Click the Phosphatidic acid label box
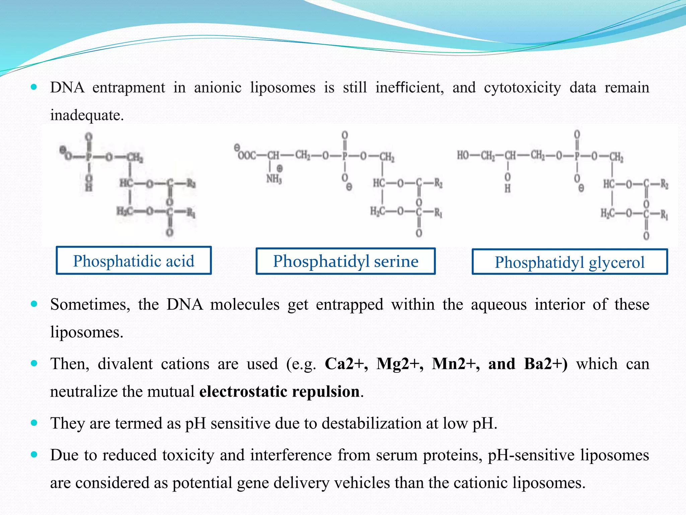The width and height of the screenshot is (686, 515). (133, 261)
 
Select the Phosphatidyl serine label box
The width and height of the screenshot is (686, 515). (345, 261)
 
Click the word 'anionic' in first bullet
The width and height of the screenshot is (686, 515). (217, 88)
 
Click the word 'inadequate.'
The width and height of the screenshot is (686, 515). (87, 115)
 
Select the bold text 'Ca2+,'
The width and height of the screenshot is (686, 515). (346, 364)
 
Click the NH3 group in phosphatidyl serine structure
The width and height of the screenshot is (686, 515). (274, 179)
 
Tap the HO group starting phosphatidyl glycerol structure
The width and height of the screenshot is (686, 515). (463, 156)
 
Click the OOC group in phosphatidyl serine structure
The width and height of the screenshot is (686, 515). (247, 156)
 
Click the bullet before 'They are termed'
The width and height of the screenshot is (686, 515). (34, 423)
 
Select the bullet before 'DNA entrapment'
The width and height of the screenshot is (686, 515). (34, 87)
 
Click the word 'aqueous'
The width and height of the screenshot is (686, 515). (498, 305)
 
